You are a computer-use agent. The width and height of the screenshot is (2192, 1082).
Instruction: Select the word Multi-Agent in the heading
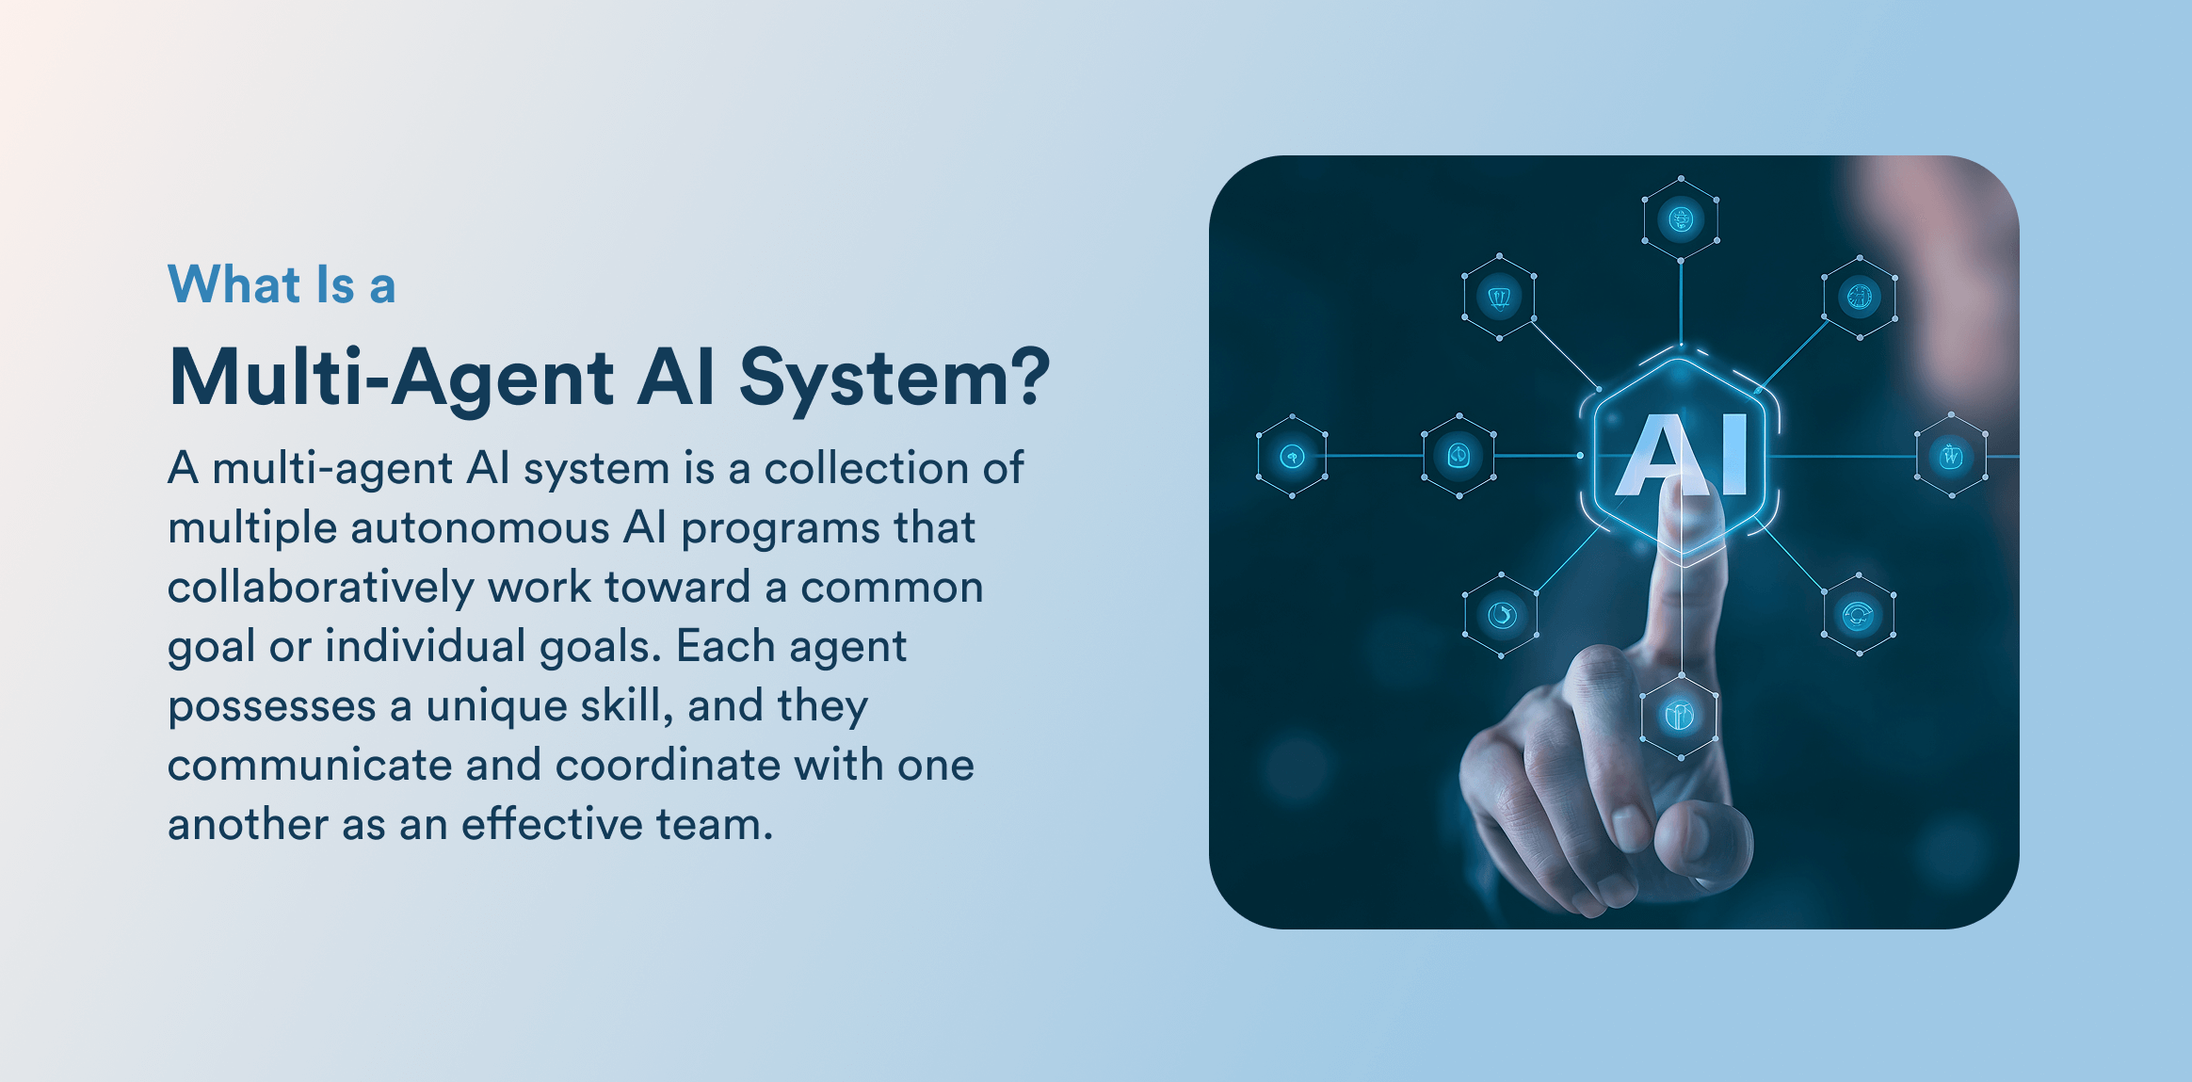click(393, 378)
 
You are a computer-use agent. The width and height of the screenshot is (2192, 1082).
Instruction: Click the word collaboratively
click(321, 588)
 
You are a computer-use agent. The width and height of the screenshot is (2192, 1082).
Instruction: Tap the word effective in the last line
click(551, 823)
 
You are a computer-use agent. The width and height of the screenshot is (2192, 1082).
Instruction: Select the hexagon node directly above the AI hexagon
click(1681, 219)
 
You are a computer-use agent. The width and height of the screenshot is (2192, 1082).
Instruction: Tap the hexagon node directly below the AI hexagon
click(1680, 717)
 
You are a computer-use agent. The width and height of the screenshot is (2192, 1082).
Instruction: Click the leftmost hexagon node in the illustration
click(1292, 457)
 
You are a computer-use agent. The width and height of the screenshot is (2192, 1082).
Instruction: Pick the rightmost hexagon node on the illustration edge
click(1952, 456)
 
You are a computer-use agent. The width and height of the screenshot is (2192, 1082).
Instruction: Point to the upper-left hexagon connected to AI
click(1499, 298)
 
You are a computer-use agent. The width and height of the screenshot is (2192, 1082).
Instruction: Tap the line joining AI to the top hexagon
click(1681, 304)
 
